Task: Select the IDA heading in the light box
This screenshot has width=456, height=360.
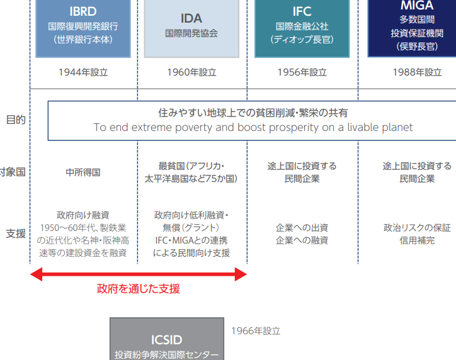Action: pyautogui.click(x=191, y=18)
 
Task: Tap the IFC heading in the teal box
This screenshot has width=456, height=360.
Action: pyautogui.click(x=302, y=12)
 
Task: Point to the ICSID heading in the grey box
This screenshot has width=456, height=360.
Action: pyautogui.click(x=167, y=340)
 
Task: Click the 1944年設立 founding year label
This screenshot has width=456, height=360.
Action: pyautogui.click(x=83, y=72)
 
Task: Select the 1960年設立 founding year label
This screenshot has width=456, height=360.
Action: pyautogui.click(x=191, y=72)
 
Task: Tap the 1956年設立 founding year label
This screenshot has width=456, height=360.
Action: pyautogui.click(x=302, y=72)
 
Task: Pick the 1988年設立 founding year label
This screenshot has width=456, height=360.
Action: pyautogui.click(x=416, y=72)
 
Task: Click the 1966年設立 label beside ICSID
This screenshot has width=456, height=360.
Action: pyautogui.click(x=255, y=330)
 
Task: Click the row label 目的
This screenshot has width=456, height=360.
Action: pyautogui.click(x=16, y=120)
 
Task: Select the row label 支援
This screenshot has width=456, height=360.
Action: pyautogui.click(x=16, y=233)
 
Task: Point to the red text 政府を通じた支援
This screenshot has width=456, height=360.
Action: pyautogui.click(x=139, y=290)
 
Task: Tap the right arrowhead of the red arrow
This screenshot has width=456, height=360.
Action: pyautogui.click(x=241, y=274)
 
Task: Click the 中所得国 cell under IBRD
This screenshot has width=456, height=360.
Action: pyautogui.click(x=83, y=172)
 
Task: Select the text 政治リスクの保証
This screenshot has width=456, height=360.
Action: pyautogui.click(x=417, y=228)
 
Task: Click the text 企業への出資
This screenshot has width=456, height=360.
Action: pyautogui.click(x=302, y=228)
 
